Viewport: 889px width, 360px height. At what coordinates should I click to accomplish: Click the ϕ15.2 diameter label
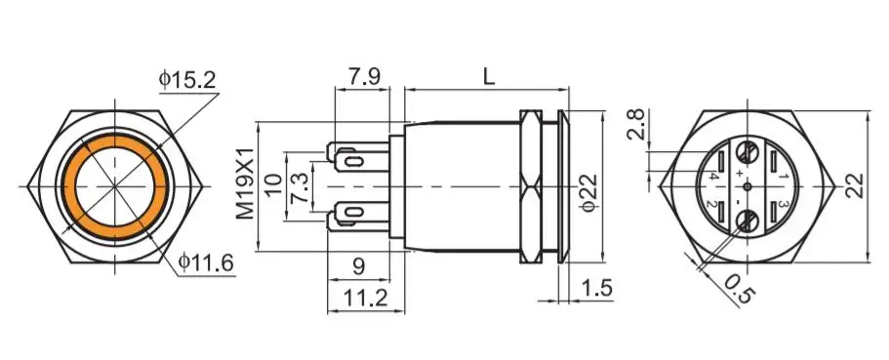(x=187, y=80)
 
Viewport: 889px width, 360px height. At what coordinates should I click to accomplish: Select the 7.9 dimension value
(x=364, y=76)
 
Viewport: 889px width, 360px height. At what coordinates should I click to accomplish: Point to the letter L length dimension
(x=488, y=76)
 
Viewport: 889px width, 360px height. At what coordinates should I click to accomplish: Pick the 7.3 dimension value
(x=300, y=189)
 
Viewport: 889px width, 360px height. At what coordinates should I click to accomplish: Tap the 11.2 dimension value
(x=366, y=297)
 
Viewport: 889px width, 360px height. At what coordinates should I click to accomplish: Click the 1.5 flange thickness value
(x=596, y=289)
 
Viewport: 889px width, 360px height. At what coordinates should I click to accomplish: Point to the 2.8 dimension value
(x=637, y=124)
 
